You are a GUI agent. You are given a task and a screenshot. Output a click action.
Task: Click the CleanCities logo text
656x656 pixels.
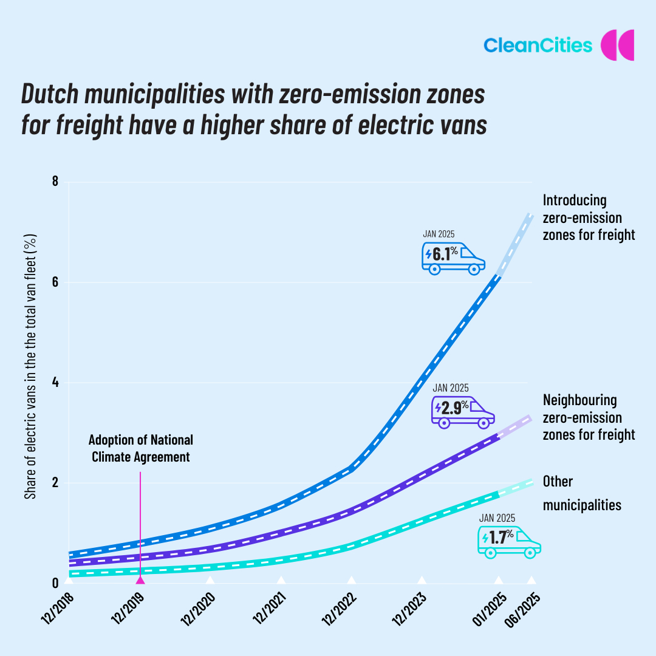click(538, 45)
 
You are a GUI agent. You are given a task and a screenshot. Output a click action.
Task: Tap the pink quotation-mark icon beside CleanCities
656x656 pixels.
click(617, 45)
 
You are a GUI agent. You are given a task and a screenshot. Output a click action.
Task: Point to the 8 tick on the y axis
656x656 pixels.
click(55, 182)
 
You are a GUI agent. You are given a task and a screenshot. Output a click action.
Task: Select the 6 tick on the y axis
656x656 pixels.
click(55, 282)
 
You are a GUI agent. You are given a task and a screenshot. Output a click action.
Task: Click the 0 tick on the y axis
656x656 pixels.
click(55, 584)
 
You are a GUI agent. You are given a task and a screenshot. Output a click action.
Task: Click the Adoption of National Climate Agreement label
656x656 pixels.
click(140, 448)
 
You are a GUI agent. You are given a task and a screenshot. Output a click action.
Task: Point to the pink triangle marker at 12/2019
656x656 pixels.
click(140, 579)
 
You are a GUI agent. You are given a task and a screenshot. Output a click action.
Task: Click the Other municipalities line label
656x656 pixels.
click(581, 493)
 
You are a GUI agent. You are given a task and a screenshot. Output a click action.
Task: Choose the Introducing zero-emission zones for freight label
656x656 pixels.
click(588, 217)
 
